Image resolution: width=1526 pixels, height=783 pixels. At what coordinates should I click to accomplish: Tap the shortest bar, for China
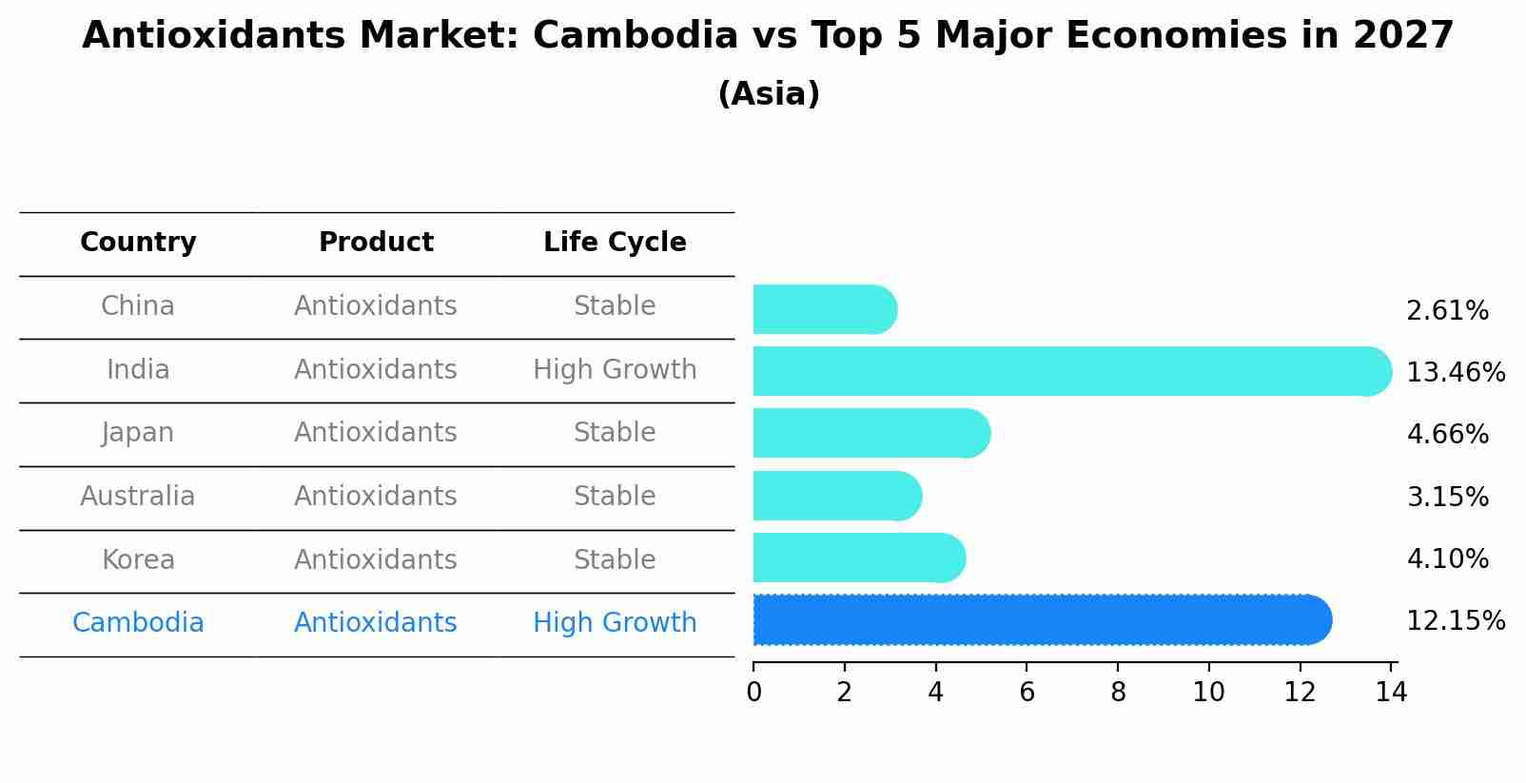pos(824,309)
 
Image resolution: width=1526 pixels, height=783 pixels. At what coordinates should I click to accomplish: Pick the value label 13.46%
pos(1455,372)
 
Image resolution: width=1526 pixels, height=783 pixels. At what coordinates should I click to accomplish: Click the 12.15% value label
pos(1455,621)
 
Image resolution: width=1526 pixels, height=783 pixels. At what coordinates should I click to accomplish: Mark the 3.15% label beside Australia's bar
pos(1447,497)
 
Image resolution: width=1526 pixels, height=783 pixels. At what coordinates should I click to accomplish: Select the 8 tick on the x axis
pos(1118,693)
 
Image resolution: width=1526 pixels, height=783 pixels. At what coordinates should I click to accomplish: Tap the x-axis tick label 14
pos(1391,693)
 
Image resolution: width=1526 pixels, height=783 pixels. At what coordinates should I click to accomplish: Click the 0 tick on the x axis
pos(753,693)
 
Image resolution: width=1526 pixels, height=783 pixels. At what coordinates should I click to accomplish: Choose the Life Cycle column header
pos(615,243)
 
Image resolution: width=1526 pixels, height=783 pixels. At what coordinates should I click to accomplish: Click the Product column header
pos(376,243)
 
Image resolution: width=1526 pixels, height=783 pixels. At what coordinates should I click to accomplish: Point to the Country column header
pos(138,243)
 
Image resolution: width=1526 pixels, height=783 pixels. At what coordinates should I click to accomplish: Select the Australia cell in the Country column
pos(138,497)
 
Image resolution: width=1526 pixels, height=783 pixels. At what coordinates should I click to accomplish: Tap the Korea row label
pos(138,559)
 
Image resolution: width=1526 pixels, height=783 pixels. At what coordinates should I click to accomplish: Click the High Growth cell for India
pos(615,370)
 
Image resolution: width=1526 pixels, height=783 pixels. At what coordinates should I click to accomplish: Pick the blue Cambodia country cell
pos(138,623)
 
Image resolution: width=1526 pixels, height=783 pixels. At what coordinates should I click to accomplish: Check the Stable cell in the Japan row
pos(615,433)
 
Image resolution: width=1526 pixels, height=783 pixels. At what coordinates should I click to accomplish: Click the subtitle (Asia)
pos(769,94)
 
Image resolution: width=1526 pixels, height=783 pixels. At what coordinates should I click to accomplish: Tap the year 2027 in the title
pos(1403,36)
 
